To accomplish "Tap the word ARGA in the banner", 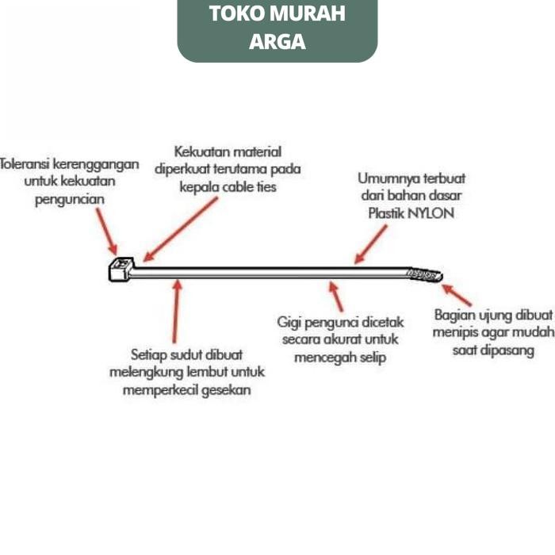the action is point(277,41).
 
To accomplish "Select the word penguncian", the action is point(70,200).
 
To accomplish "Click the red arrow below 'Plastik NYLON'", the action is point(371,243).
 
